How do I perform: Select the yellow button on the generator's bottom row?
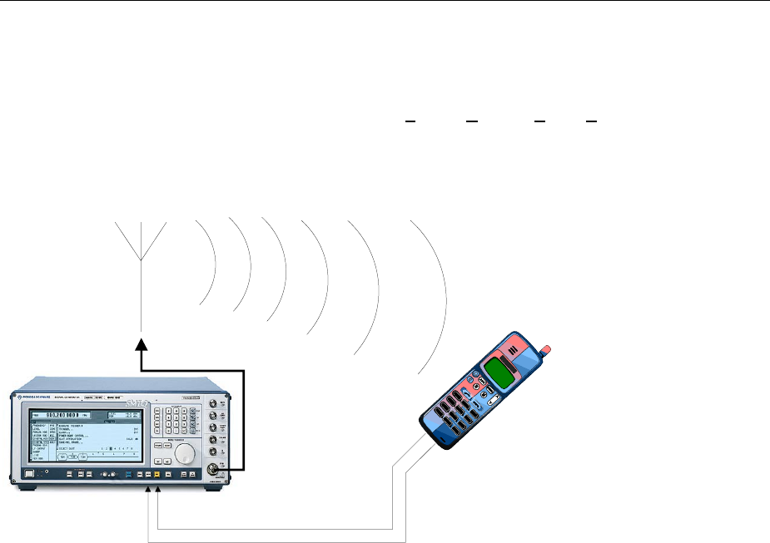click(x=156, y=474)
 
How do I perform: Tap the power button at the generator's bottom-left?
click(x=30, y=474)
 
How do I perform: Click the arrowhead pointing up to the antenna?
click(x=142, y=342)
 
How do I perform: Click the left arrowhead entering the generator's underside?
click(x=149, y=491)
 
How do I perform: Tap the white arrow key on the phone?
click(x=493, y=401)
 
